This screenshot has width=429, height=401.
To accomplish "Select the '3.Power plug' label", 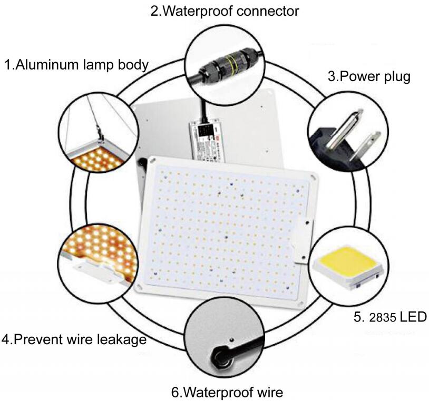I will point(369,76).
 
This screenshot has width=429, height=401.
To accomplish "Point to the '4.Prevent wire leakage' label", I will point(74,339).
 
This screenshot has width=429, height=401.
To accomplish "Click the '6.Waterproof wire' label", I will point(227,392).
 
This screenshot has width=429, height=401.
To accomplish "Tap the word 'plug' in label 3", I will point(395,76).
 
